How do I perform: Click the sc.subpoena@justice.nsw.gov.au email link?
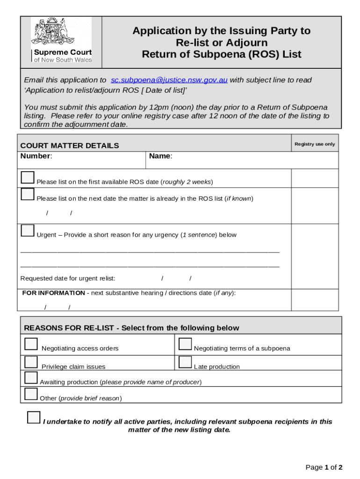click(169, 80)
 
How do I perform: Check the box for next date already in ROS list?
click(28, 195)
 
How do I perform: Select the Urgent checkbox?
click(28, 231)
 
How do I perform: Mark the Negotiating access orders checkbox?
click(31, 344)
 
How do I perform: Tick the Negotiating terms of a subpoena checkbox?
click(186, 344)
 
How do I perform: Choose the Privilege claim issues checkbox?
click(31, 362)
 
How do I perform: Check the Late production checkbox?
click(186, 362)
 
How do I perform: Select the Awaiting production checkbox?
click(31, 378)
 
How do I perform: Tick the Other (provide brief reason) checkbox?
click(31, 394)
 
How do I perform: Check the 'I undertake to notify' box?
click(34, 417)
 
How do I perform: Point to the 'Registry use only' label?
click(315, 144)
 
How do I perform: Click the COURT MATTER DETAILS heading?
click(70, 145)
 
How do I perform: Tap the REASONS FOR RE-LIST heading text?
click(131, 328)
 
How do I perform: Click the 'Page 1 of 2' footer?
click(324, 467)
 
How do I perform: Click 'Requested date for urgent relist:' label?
click(68, 278)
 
